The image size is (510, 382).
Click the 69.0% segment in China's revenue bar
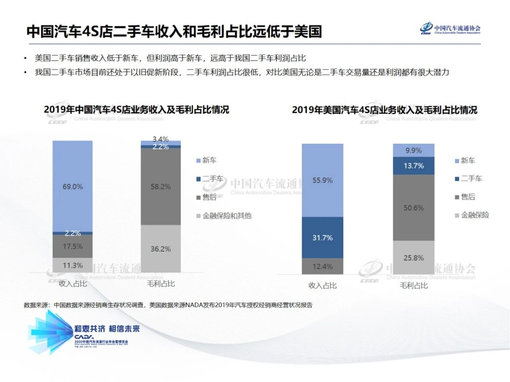click(x=73, y=186)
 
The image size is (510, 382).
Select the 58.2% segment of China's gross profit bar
click(x=161, y=186)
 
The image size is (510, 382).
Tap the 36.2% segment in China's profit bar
click(x=161, y=249)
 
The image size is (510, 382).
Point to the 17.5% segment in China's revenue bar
click(x=73, y=246)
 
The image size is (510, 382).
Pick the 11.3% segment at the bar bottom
click(x=73, y=265)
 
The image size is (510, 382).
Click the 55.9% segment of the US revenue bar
click(x=322, y=180)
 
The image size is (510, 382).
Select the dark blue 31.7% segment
click(x=322, y=238)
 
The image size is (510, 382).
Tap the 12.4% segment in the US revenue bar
click(x=322, y=266)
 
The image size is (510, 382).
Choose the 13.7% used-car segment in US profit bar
click(x=414, y=166)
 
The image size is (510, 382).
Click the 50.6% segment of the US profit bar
click(x=414, y=208)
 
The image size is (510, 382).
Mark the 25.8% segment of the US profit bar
click(x=414, y=258)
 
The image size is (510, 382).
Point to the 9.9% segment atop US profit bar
click(x=414, y=150)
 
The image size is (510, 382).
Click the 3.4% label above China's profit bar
click(x=161, y=139)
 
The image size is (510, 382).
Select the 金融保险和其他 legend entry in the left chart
click(x=226, y=216)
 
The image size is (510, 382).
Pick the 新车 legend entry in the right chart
click(x=467, y=160)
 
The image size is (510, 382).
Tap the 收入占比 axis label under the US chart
click(x=322, y=285)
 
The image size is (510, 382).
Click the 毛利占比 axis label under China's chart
click(x=161, y=283)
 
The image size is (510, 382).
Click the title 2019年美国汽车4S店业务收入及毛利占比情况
click(x=384, y=110)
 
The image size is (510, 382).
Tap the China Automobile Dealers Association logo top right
click(x=450, y=29)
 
